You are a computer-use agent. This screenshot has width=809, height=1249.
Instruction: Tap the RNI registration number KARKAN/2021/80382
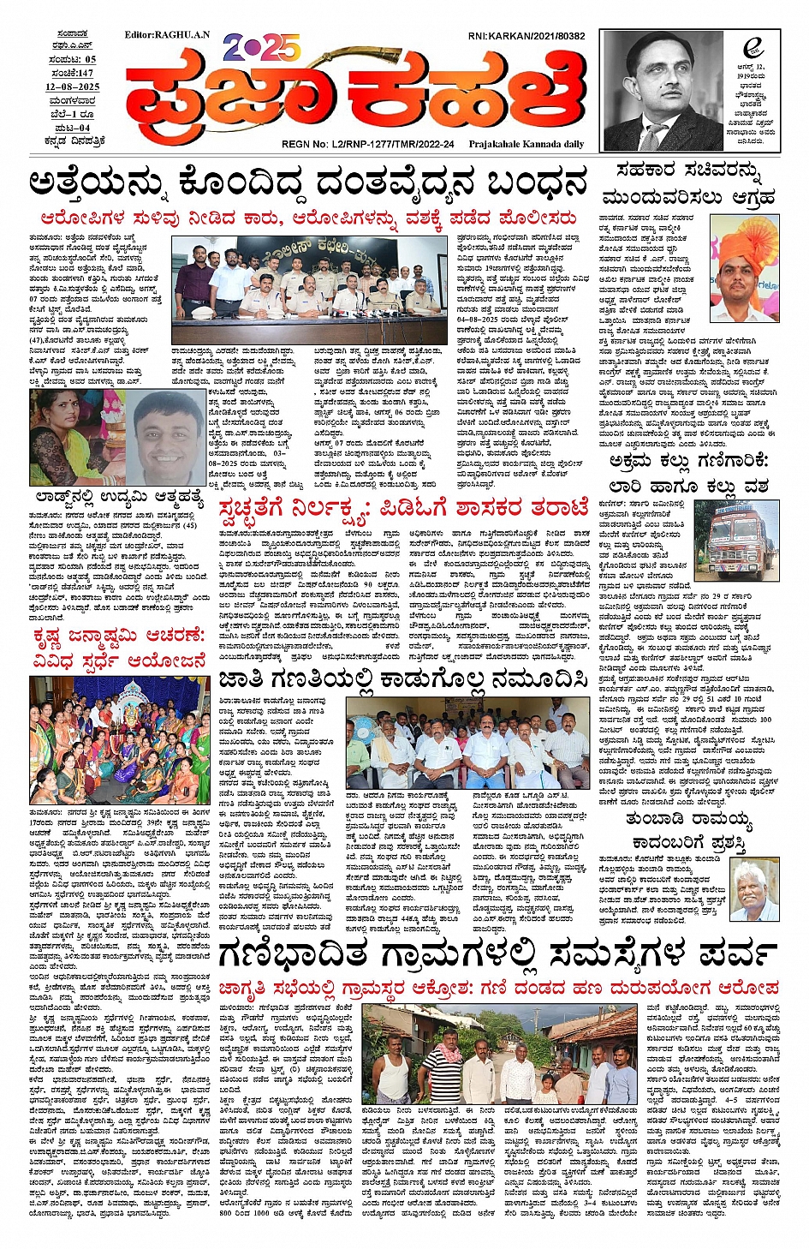[526, 36]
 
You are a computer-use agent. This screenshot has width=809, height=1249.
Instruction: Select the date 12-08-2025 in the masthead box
[72, 87]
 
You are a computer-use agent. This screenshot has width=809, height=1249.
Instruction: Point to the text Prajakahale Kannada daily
[526, 144]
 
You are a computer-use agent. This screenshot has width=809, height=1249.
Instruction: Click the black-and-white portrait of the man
[662, 91]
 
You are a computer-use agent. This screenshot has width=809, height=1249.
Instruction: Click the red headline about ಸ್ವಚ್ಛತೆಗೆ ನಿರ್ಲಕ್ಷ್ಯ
[402, 508]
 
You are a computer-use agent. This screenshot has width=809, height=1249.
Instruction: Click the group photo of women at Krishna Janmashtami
[120, 740]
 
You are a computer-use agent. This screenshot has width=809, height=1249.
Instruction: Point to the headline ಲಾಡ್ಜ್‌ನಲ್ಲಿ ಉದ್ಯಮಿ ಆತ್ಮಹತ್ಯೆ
[116, 497]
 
